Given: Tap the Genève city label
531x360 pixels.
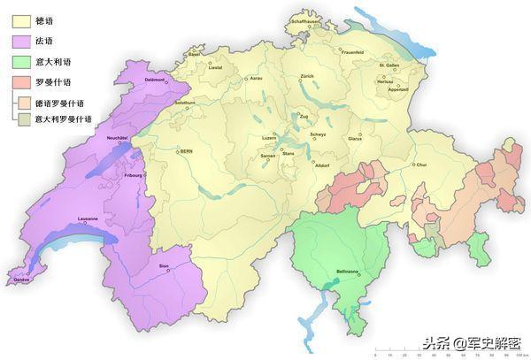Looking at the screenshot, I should [x=21, y=280].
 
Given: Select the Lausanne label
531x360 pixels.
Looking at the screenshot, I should [x=88, y=218].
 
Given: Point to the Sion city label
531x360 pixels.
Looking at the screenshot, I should [x=163, y=265].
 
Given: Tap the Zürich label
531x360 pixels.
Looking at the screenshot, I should [x=307, y=77].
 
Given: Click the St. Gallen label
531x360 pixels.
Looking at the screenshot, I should [x=390, y=65].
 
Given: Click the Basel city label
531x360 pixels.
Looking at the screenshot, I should [x=194, y=54].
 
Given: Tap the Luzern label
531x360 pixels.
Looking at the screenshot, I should [x=270, y=137].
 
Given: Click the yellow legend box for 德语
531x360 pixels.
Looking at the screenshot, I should [x=20, y=20].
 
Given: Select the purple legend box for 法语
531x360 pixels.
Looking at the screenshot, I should [x=20, y=41].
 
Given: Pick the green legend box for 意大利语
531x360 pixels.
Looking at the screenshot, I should [x=20, y=62].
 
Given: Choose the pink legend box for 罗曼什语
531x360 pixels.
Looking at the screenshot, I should [x=20, y=82].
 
